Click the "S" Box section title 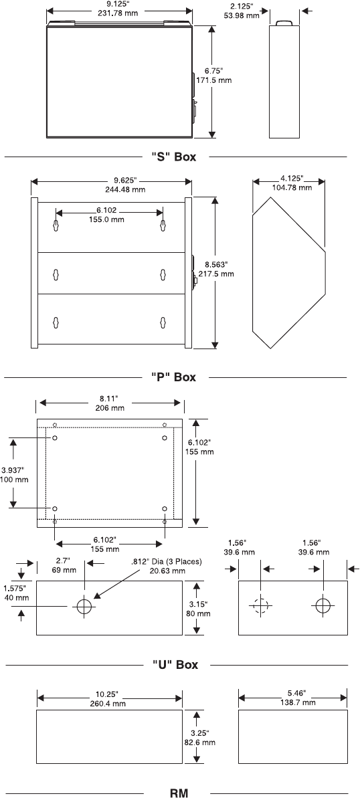pos(173,157)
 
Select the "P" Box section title pos(173,377)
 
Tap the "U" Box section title pos(175,665)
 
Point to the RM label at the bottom pos(178,793)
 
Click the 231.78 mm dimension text pos(120,13)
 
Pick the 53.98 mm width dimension pos(242,16)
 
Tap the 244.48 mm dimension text pos(124,189)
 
